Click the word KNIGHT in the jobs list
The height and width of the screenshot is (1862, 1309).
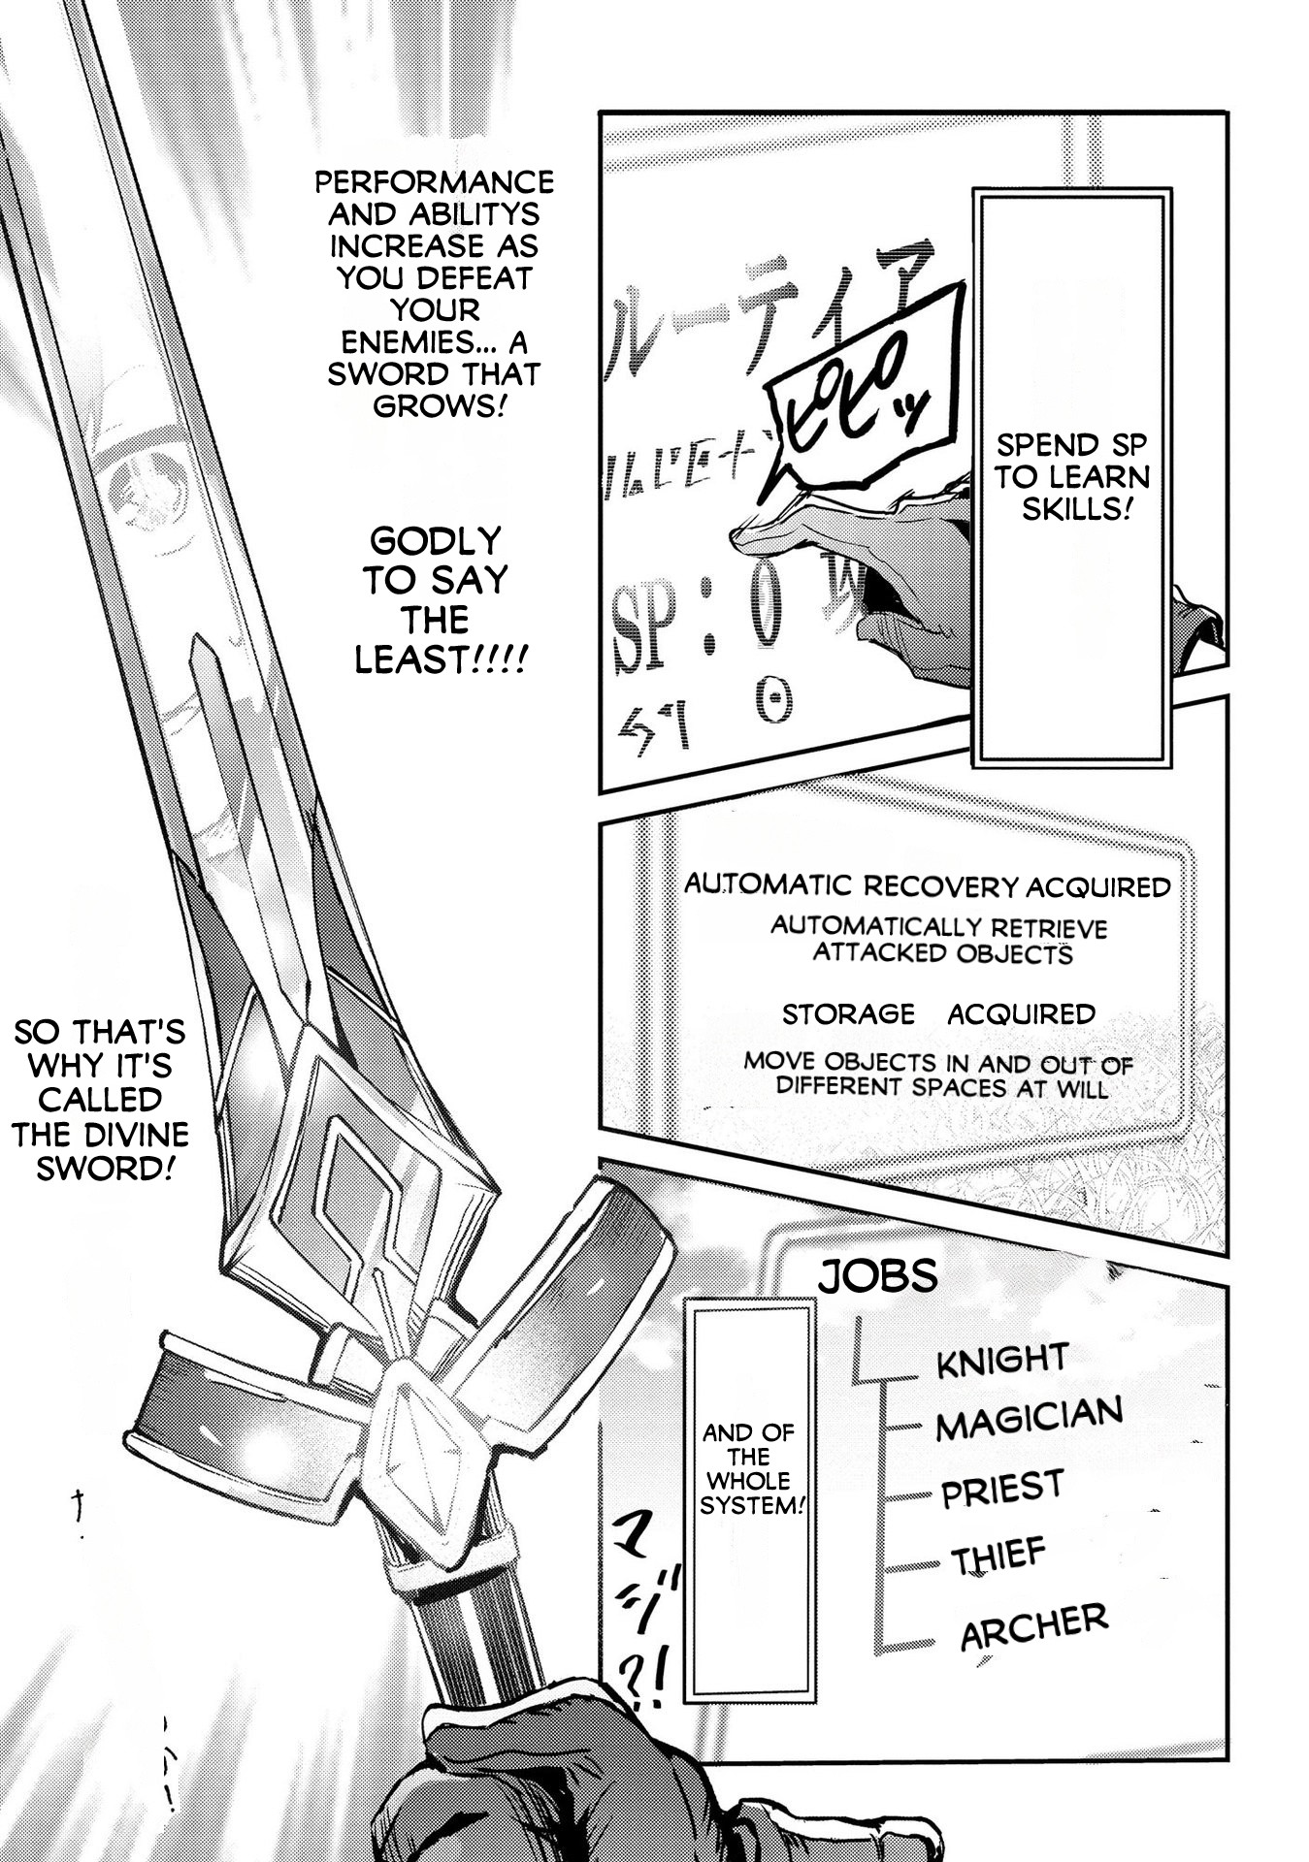pyautogui.click(x=1001, y=1360)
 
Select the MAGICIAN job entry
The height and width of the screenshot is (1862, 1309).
pyautogui.click(x=1029, y=1419)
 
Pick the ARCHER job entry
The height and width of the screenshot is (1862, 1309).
pyautogui.click(x=1033, y=1627)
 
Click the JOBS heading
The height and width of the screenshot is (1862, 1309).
pyautogui.click(x=877, y=1276)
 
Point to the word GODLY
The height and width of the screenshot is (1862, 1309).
pyautogui.click(x=436, y=541)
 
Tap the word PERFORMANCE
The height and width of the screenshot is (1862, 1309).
pyautogui.click(x=435, y=182)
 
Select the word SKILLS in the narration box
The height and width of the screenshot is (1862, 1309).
pyautogui.click(x=1073, y=509)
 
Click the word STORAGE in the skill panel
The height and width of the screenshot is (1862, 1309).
pyautogui.click(x=848, y=1014)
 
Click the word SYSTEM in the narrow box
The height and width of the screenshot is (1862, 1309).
pyautogui.click(x=749, y=1506)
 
